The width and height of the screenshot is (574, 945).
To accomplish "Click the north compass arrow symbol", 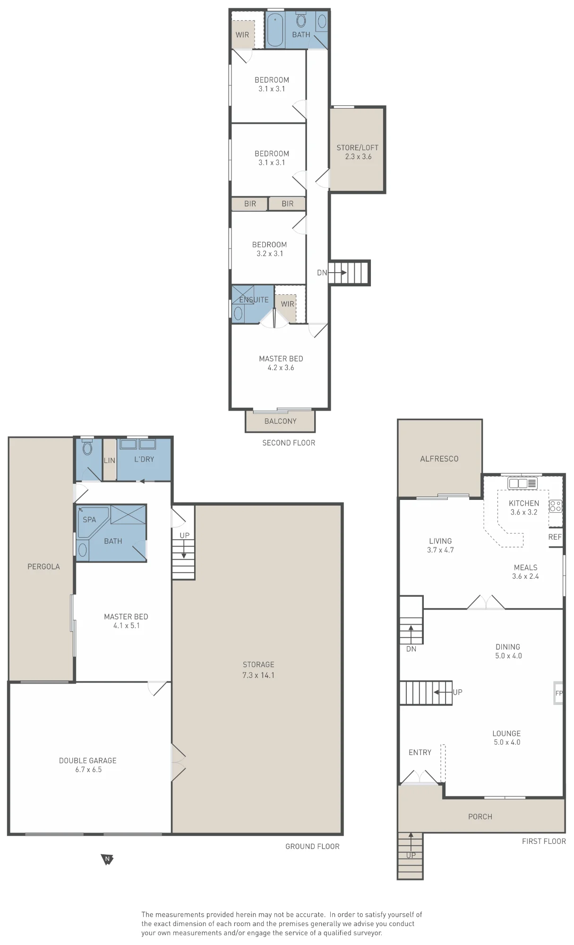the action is tap(108, 859).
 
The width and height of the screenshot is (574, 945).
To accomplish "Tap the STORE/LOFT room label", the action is tap(357, 147).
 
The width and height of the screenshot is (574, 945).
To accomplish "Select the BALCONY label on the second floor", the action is tap(280, 421).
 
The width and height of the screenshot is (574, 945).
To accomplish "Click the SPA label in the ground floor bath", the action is tap(89, 519).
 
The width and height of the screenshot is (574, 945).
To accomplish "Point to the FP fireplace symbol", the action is tap(558, 693).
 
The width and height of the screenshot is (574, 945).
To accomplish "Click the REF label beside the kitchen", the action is tap(555, 537).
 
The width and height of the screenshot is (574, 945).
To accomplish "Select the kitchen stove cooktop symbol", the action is tap(556, 507).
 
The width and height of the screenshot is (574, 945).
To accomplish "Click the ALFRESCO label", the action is tap(439, 458).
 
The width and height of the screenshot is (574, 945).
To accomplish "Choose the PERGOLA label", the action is tap(43, 567).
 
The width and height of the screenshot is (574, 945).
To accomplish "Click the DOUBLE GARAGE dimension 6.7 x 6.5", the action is tap(88, 769).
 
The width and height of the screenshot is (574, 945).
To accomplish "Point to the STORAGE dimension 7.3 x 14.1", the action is tap(258, 675).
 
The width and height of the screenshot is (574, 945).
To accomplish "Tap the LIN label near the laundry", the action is tap(110, 460).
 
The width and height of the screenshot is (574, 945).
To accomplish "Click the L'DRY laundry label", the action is tap(144, 459).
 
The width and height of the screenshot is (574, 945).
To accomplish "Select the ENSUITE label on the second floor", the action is tap(254, 300).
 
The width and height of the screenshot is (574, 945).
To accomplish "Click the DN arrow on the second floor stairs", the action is tap(337, 273).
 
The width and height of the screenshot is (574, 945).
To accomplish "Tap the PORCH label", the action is tap(480, 816).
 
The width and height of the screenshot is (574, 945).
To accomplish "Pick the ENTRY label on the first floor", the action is tap(420, 752).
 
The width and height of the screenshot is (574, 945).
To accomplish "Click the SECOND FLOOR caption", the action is tap(289, 443).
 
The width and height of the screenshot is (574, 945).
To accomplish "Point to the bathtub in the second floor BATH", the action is tap(275, 30).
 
